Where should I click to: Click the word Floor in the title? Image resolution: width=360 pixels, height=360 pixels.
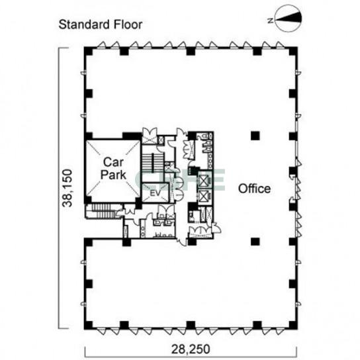tap(128, 24)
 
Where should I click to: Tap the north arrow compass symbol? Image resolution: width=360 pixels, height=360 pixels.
tap(289, 19)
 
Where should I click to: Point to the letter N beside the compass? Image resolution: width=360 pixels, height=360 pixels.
tap(271, 21)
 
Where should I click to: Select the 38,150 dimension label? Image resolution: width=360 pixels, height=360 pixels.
tap(67, 188)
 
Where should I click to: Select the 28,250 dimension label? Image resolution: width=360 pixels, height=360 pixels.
tap(191, 349)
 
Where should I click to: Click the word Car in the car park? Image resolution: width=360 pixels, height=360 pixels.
tap(113, 162)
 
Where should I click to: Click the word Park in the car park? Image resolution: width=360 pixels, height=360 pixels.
tap(113, 175)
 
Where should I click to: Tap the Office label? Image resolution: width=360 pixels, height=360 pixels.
tap(254, 189)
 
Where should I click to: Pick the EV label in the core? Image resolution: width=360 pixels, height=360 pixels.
tap(156, 193)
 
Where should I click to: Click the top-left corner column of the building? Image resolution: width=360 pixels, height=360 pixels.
tap(88, 51)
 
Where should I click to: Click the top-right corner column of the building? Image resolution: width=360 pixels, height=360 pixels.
tap(293, 51)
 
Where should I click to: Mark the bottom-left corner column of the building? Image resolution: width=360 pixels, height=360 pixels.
tap(88, 325)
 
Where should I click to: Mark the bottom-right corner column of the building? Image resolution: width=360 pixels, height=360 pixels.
tap(293, 325)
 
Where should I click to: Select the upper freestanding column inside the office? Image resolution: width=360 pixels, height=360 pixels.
tap(255, 136)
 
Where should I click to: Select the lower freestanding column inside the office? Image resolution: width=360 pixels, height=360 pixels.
tap(255, 242)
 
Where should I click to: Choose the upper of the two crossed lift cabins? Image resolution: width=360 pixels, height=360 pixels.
tap(204, 180)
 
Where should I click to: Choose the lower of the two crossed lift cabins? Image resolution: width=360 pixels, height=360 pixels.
tap(204, 196)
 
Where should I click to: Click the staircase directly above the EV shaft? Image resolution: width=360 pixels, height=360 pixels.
tap(152, 163)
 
